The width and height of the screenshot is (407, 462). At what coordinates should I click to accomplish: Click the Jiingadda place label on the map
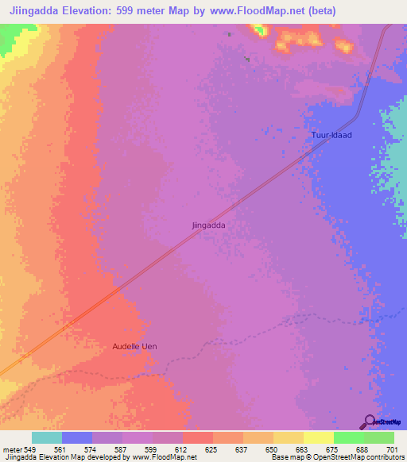[209, 225]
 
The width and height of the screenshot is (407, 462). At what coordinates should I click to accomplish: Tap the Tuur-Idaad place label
[331, 136]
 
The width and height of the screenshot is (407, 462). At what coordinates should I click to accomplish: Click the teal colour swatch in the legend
[47, 437]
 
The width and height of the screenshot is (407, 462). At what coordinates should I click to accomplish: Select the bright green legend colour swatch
[349, 437]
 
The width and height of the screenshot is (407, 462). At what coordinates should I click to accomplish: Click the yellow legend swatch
[319, 437]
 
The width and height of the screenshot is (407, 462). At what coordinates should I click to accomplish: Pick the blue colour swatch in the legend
[77, 437]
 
